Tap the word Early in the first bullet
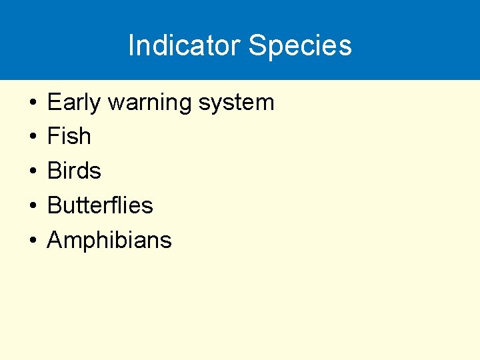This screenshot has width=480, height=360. (73, 103)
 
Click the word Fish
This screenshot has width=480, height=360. (69, 137)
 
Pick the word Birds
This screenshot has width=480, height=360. (74, 171)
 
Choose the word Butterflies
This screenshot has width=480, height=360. (100, 205)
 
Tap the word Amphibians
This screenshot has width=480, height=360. (109, 240)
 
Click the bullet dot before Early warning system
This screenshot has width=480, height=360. (32, 103)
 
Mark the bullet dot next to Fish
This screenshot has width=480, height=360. (32, 137)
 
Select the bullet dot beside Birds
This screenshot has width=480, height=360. (32, 172)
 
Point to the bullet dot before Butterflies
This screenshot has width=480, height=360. (32, 206)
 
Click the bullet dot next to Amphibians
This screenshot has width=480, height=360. (32, 241)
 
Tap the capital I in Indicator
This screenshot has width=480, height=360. (131, 45)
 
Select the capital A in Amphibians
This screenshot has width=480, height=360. (55, 240)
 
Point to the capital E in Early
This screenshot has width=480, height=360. (53, 102)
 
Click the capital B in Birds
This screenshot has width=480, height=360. (54, 171)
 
